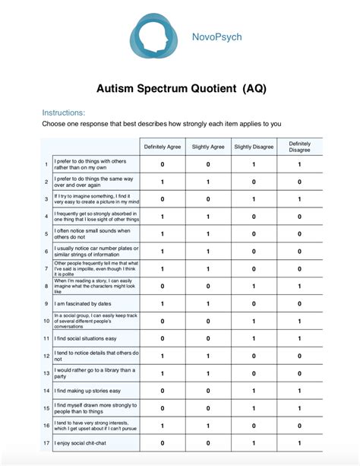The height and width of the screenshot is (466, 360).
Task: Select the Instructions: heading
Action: pos(64,113)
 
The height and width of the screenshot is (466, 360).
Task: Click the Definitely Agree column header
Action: pos(163,146)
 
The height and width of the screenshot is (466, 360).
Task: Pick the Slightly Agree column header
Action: pos(208,146)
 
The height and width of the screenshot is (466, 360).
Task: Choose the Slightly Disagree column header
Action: pos(254,146)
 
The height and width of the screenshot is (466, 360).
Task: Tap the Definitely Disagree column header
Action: pos(299,146)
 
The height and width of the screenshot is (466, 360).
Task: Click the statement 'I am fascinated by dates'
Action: pos(84,303)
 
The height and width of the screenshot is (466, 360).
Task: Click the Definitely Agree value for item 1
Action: pos(163,164)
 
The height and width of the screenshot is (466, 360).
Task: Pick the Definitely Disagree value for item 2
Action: pos(299,182)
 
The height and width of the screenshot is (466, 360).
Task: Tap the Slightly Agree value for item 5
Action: pos(208,233)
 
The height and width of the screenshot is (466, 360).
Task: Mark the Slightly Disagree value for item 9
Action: pos(254,303)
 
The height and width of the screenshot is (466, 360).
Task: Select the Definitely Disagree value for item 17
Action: pos(299,442)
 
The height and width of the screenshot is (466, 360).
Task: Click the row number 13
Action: pos(46,372)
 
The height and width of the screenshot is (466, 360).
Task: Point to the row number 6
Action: pos(46,251)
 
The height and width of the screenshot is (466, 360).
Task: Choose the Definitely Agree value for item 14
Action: pos(163,390)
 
